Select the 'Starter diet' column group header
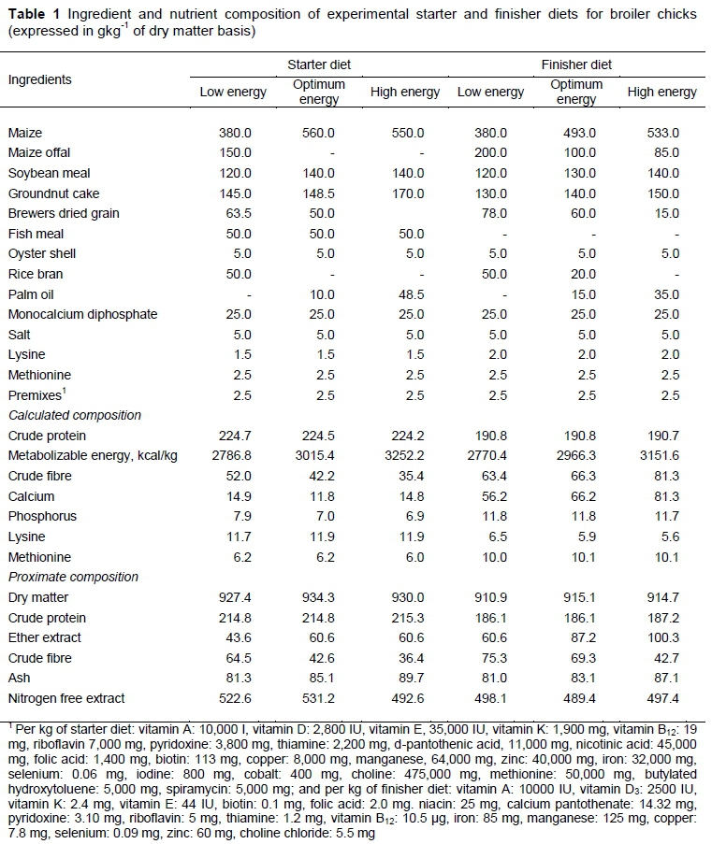(319, 64)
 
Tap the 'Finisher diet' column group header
(576, 64)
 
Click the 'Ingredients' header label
(39, 79)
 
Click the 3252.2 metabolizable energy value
(404, 455)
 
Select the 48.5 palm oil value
(404, 293)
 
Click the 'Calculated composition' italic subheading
(74, 415)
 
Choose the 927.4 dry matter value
(233, 597)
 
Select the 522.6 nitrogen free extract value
(233, 698)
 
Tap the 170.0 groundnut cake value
(404, 193)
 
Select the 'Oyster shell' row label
(41, 253)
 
